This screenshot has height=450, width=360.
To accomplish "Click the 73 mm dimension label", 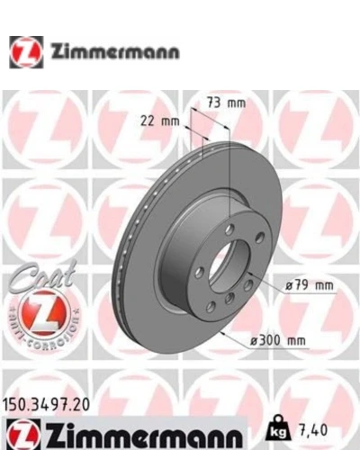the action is point(227,103).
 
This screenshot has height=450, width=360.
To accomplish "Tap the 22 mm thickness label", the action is point(160,121).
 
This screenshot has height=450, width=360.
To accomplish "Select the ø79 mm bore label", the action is point(309,285).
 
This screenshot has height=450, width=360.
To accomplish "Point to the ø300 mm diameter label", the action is point(278,340).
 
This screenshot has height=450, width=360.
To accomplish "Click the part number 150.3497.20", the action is point(47,405).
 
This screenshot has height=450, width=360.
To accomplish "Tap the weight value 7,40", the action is point(313,430).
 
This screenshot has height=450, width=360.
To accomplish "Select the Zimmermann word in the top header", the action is point(115,52).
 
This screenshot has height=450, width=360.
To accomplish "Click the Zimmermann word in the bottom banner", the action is point(143,435).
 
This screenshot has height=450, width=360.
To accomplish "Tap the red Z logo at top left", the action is point(26,52).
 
